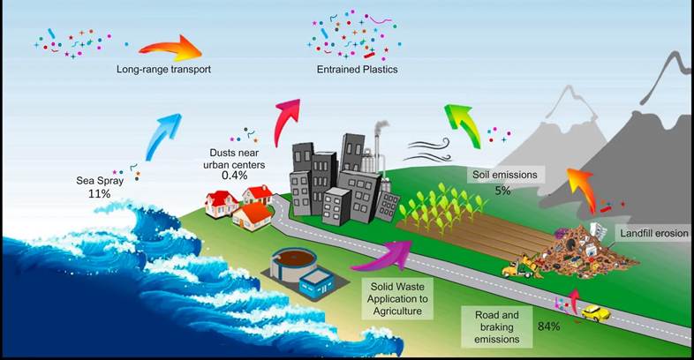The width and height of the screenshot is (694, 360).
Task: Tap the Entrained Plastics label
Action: click(358, 68)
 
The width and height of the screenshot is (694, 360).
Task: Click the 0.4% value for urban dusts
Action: click(235, 175)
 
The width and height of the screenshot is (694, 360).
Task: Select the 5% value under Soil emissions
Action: click(502, 190)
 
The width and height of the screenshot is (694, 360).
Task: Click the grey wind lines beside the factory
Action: click(423, 140)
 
